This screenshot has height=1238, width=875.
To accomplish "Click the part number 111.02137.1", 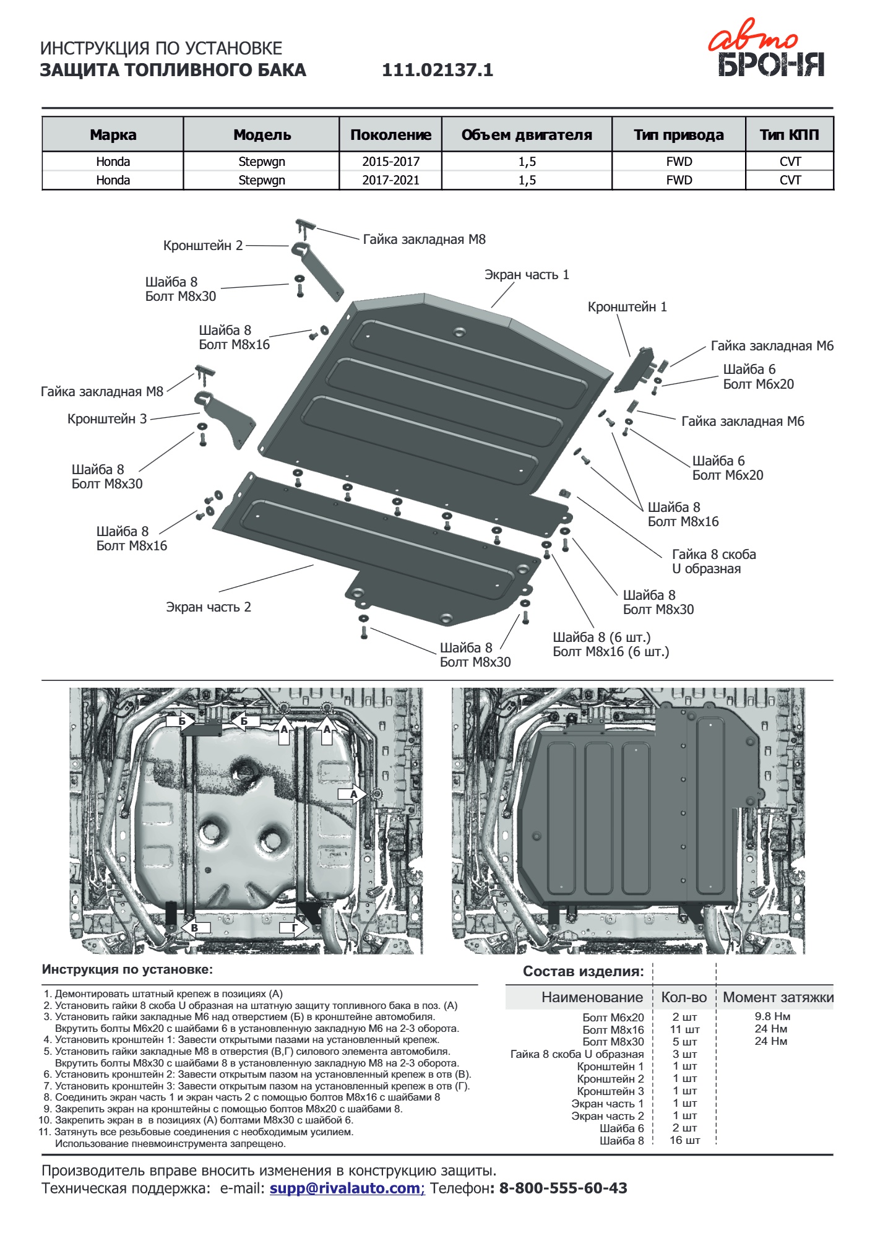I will pos(437,70).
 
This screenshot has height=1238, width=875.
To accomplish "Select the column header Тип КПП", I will pos(789,134).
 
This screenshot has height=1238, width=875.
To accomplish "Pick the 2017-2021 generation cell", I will pos(390,180).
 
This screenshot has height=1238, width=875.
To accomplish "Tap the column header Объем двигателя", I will pos(527,134).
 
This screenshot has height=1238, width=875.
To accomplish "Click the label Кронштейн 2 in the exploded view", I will pos(203,245).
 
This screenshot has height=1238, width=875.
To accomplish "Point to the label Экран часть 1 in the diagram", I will pos(527,274).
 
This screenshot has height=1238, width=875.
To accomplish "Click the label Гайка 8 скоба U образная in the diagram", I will pos(713,561).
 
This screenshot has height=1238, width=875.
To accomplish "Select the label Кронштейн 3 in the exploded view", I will pos(107,418).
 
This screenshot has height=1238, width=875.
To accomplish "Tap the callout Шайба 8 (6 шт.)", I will pos(601,637).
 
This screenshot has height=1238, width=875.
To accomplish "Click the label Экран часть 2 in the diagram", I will pos(209,607).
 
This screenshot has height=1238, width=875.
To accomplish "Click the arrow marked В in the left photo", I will pos(196,927).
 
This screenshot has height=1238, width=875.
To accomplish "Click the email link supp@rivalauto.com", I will pos(345,1188).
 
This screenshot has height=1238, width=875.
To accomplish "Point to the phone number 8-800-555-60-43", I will pos(562,1188).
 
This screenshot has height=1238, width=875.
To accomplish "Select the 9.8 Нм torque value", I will pos(772,1016).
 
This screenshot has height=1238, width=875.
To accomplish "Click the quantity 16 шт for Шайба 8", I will pos(684,1140).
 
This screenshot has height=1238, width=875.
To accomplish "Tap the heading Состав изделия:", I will pos(583,971).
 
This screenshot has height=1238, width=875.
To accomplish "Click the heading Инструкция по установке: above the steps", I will pos(127,969).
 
